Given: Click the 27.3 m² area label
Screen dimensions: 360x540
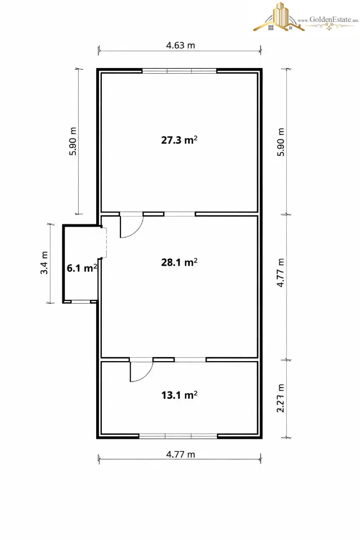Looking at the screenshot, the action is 179,140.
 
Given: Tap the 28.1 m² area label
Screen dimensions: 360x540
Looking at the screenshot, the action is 179,262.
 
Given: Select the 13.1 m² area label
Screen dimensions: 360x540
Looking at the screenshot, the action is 179,395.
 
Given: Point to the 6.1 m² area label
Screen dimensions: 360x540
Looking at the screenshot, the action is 82,268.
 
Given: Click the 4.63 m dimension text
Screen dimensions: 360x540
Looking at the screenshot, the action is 181,45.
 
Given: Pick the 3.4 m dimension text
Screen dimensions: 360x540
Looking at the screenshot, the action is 44,263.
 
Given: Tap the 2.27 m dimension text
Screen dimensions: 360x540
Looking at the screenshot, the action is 281,398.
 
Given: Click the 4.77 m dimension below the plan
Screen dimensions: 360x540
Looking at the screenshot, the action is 181,454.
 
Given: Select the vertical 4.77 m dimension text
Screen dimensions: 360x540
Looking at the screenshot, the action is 281,272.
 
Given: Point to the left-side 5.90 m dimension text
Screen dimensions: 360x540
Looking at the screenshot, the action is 73,142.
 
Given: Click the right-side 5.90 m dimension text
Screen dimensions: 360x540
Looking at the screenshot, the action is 281,142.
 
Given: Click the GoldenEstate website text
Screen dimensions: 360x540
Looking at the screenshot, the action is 328,20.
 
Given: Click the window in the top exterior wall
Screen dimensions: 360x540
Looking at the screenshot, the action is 179,71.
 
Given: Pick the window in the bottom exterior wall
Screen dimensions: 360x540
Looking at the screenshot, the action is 178,436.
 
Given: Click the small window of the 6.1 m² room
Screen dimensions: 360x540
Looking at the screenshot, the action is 80,301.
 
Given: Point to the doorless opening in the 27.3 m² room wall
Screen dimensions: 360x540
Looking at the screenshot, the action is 179,214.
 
